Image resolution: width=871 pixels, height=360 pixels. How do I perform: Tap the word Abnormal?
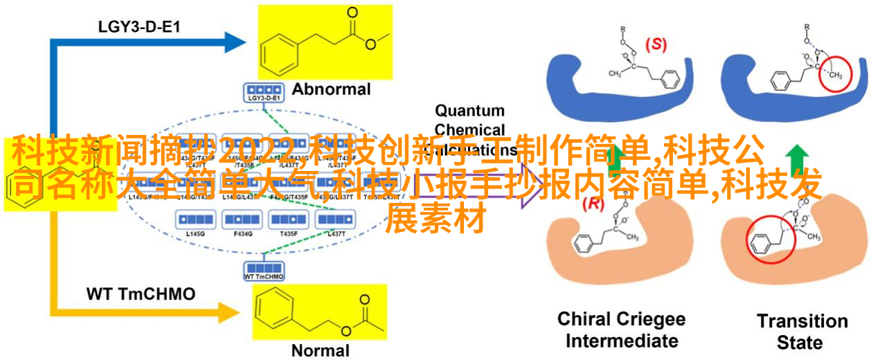[331, 89]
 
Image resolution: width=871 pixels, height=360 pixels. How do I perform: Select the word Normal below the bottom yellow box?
[320, 350]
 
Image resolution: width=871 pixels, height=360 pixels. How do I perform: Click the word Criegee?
[649, 320]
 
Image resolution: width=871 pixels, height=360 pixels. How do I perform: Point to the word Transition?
[802, 321]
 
